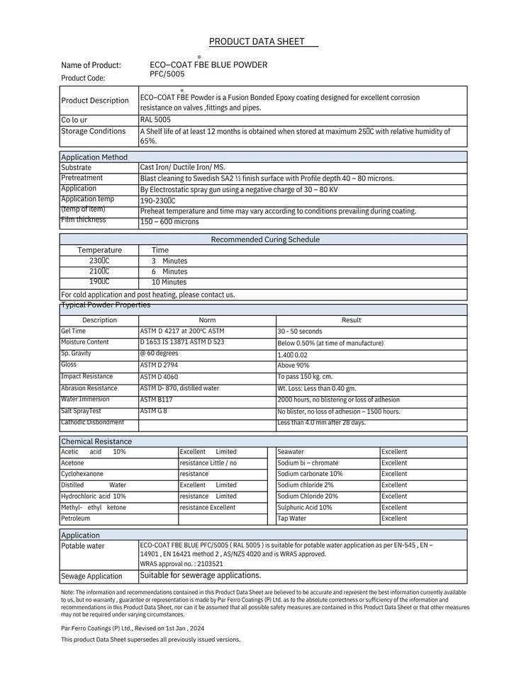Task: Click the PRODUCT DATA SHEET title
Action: click(262, 42)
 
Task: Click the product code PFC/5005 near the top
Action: click(167, 74)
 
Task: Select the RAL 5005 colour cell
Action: click(155, 120)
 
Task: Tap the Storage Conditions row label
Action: click(94, 131)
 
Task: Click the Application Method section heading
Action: click(94, 157)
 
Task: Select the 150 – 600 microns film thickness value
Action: click(169, 222)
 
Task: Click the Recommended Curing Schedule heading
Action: click(265, 239)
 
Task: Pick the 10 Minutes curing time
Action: click(169, 282)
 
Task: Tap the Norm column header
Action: click(207, 320)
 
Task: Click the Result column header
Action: click(351, 320)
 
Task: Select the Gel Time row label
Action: click(74, 331)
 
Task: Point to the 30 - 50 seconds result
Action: click(299, 331)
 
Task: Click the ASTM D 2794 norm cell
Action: click(160, 365)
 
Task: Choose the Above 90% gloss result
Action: click(295, 365)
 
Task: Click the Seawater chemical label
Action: click(291, 452)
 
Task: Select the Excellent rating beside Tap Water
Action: click(394, 518)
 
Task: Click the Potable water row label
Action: click(83, 546)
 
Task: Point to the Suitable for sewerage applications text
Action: click(201, 575)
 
